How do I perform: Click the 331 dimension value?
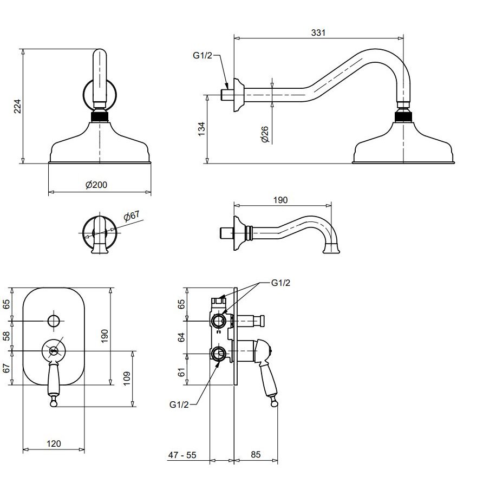(x=318, y=33)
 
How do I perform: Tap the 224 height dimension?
(x=17, y=106)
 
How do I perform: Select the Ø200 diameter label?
(x=96, y=185)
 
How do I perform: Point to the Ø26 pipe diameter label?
(x=265, y=134)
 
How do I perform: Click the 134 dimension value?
(x=201, y=129)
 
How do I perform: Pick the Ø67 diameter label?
(x=131, y=216)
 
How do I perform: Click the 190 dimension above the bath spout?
(x=280, y=199)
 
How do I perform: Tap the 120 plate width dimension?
(x=54, y=443)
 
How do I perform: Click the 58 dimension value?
(x=7, y=336)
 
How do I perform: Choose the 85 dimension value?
(x=256, y=455)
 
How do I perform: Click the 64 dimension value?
(x=182, y=337)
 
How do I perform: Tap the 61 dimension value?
(x=182, y=372)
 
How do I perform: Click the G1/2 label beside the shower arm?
(x=202, y=56)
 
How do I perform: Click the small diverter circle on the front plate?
(x=53, y=321)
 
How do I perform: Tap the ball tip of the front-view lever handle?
(x=54, y=401)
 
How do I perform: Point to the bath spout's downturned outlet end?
(x=331, y=249)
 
